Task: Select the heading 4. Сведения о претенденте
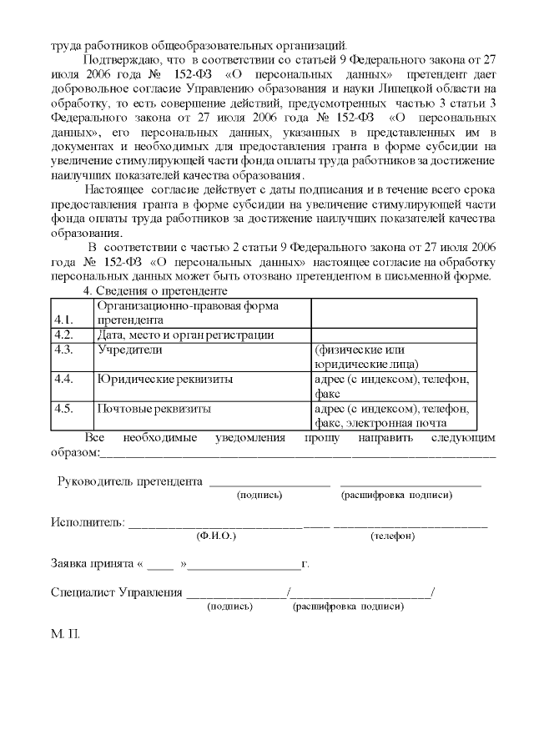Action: (157, 290)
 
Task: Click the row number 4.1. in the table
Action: (63, 320)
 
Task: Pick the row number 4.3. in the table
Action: (63, 350)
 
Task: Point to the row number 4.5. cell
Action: (63, 410)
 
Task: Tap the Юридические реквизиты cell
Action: (164, 380)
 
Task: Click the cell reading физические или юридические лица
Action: (366, 357)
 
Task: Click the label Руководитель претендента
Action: (130, 481)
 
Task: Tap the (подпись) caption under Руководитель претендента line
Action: (259, 496)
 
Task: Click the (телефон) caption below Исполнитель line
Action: (392, 536)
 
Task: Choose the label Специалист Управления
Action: (117, 592)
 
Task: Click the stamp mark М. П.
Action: (64, 634)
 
